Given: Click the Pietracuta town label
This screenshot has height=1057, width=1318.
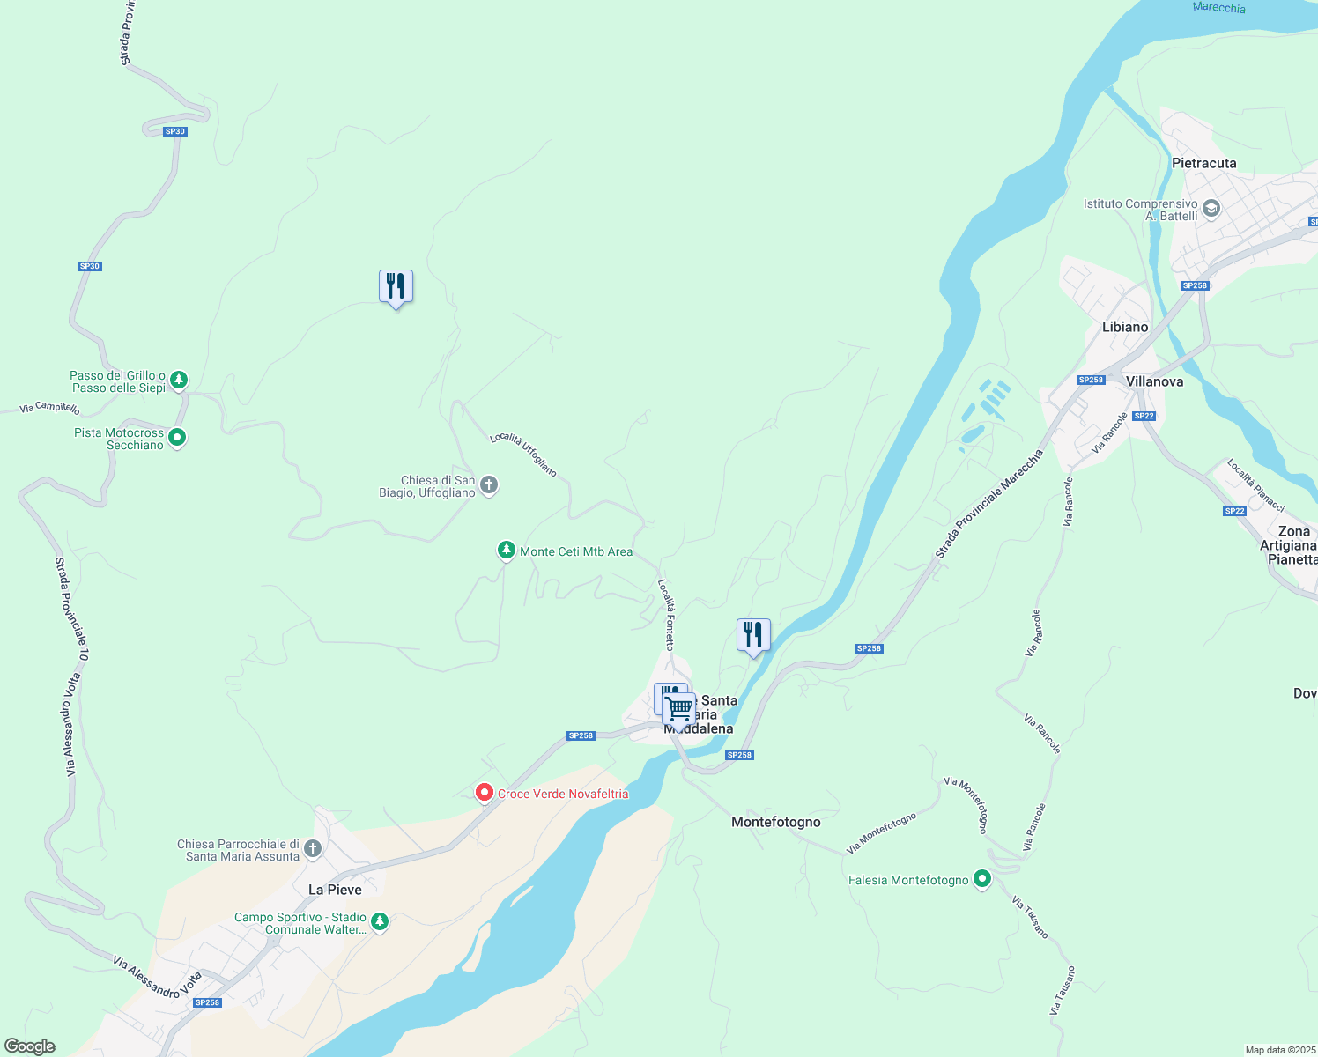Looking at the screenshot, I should [x=1203, y=163].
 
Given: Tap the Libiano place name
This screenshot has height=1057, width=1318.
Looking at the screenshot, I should [x=1125, y=327].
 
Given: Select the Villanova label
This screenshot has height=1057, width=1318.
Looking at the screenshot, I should [x=1154, y=381].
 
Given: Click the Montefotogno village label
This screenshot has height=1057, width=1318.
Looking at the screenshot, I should [x=775, y=822].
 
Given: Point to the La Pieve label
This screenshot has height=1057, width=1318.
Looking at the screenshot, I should [x=335, y=890].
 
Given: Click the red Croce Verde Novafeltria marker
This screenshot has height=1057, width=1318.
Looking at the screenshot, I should [x=484, y=793].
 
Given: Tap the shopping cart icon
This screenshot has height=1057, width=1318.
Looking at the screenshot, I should [x=679, y=708].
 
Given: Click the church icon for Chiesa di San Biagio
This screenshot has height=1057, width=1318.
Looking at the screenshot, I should [x=489, y=485].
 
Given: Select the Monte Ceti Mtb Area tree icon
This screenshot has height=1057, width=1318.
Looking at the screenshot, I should [x=506, y=551].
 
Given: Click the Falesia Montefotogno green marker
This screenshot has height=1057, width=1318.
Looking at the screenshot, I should [x=982, y=879].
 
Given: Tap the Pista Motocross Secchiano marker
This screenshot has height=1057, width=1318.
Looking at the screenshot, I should [x=177, y=437].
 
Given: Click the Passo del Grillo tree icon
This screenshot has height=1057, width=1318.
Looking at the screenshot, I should [x=179, y=381].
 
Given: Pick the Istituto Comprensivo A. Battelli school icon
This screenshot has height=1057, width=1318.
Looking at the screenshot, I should [x=1211, y=209].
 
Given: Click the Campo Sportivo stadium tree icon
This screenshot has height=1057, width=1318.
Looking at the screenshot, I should [x=380, y=922].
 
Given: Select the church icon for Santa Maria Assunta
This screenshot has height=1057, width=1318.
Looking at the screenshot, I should [x=313, y=850].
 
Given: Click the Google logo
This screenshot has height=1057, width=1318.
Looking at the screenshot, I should [x=30, y=1046].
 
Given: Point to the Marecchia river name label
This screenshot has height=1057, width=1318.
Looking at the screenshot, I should [x=1218, y=7].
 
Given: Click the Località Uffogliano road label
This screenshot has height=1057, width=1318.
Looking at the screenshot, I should [x=523, y=454].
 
